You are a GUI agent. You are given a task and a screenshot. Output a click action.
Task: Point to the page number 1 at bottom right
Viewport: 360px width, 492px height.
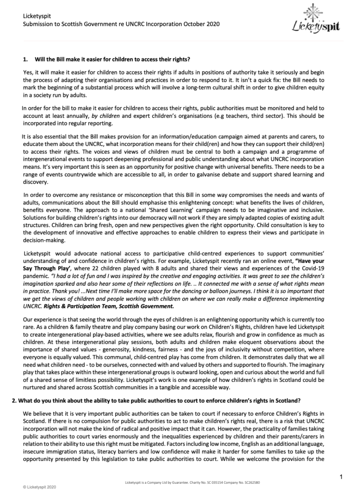(x=340, y=476)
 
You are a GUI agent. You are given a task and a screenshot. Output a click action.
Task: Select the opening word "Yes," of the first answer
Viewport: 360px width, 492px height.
(x=29, y=72)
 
